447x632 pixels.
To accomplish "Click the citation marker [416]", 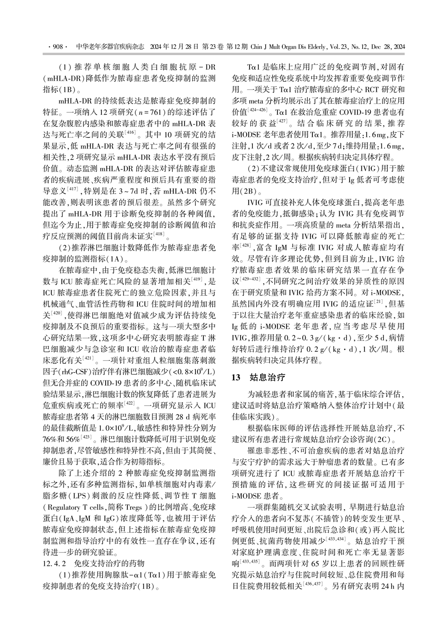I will pos(129,132).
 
